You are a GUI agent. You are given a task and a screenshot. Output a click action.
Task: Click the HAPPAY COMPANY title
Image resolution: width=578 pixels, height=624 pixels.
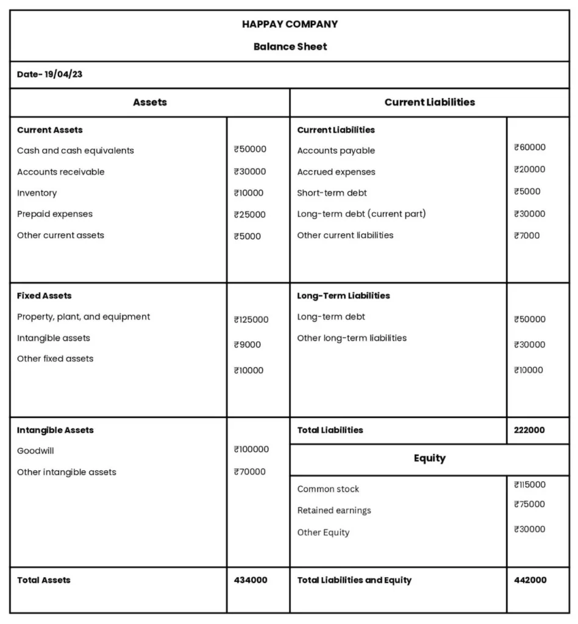(290, 24)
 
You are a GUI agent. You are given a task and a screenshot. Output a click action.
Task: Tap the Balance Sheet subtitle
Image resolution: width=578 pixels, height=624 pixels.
(290, 46)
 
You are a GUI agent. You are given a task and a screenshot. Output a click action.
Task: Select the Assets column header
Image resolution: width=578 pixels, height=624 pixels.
(149, 102)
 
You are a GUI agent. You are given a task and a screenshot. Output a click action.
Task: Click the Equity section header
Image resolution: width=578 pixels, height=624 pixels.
(429, 458)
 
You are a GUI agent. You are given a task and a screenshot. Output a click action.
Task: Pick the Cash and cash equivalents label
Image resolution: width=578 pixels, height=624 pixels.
(76, 151)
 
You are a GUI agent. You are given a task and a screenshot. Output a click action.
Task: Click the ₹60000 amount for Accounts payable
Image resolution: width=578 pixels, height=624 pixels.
(529, 147)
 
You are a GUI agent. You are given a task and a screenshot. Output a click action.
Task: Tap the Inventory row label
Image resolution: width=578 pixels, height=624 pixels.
(37, 193)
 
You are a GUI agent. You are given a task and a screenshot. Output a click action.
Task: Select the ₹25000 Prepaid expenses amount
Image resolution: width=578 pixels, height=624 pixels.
(249, 214)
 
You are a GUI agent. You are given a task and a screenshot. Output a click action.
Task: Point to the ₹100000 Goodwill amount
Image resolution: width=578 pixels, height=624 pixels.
(251, 449)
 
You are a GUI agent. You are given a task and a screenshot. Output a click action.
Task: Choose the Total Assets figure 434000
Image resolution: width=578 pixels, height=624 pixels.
(250, 580)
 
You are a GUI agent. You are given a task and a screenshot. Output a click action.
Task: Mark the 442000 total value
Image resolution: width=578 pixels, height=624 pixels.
(530, 580)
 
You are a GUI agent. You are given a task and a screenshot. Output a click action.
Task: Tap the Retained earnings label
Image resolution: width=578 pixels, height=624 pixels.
(334, 511)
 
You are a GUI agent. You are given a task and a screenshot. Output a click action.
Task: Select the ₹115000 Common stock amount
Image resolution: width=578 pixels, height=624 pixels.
(529, 485)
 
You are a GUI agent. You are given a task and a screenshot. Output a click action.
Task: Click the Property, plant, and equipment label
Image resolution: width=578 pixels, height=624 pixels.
(84, 317)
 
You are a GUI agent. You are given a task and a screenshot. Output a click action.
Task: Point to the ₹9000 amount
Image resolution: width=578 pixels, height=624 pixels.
(247, 345)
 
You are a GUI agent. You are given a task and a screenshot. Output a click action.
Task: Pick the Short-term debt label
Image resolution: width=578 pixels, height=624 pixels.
(332, 193)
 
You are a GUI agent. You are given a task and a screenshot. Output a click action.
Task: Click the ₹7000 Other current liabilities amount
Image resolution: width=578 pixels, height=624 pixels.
(526, 236)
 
